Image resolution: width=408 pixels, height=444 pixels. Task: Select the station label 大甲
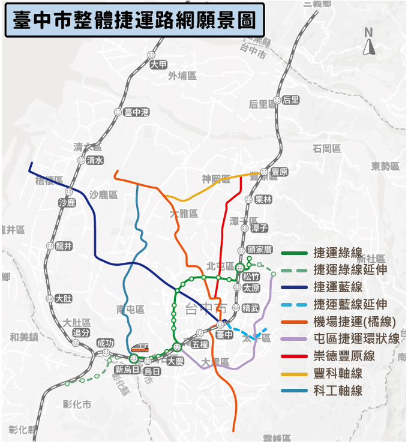point(159,65)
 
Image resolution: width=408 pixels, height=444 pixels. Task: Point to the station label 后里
point(290,100)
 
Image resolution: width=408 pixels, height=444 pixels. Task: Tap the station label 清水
point(95,160)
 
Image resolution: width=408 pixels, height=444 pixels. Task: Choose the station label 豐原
point(280,172)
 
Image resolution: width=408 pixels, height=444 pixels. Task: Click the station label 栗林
point(263,199)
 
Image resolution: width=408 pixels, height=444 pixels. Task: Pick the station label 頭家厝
point(260,250)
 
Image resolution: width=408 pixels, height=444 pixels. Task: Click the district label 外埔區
point(182,76)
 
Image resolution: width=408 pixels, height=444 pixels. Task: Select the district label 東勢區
point(385,166)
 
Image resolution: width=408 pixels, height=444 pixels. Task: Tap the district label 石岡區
point(327,148)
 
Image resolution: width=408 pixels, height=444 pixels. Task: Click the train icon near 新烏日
point(139,347)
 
